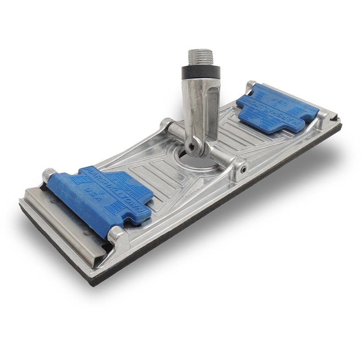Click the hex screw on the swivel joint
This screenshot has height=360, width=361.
(192, 145)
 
